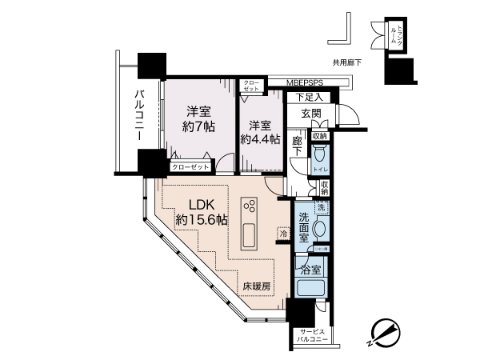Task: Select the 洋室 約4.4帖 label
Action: coord(263,132)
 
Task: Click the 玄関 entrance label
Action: coord(311,114)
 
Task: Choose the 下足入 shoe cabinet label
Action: coord(306,98)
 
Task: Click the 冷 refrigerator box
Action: coord(283,233)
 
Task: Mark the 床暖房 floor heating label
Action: coord(257,286)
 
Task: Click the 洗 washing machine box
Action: coord(322,208)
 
